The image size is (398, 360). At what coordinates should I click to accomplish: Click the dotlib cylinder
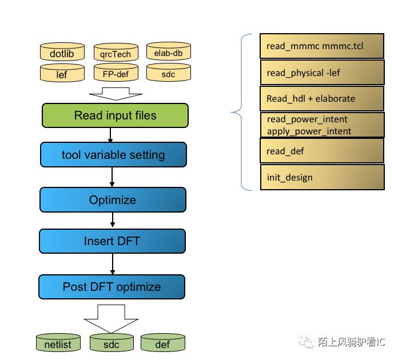pyautogui.click(x=62, y=53)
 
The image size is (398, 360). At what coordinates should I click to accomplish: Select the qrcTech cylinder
pyautogui.click(x=116, y=54)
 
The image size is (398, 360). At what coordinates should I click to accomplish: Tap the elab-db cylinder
pyautogui.click(x=168, y=52)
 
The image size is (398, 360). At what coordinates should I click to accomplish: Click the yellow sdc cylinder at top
pyautogui.click(x=168, y=73)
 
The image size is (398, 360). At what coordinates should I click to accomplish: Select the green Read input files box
pyautogui.click(x=115, y=116)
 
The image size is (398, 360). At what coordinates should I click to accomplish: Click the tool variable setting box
pyautogui.click(x=113, y=155)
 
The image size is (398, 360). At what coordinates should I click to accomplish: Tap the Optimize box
pyautogui.click(x=113, y=200)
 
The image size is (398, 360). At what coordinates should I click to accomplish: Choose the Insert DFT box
pyautogui.click(x=112, y=241)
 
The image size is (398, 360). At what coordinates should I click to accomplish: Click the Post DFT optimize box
pyautogui.click(x=112, y=287)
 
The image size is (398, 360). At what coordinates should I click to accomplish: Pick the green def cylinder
pyautogui.click(x=162, y=343)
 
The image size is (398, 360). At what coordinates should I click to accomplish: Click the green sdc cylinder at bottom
pyautogui.click(x=112, y=343)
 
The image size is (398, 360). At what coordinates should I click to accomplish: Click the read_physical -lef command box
pyautogui.click(x=321, y=72)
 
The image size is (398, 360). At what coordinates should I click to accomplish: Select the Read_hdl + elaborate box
pyautogui.click(x=321, y=98)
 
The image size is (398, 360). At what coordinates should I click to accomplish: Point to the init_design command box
pyautogui.click(x=321, y=177)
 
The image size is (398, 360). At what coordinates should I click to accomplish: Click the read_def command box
pyautogui.click(x=321, y=151)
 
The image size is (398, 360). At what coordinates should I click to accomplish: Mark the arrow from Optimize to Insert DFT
pyautogui.click(x=112, y=221)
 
